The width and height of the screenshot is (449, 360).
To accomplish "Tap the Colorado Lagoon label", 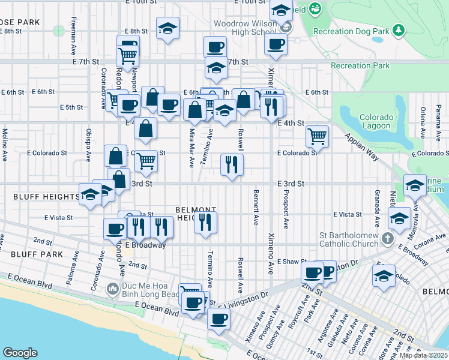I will [376, 121].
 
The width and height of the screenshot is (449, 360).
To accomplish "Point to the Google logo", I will [20, 353].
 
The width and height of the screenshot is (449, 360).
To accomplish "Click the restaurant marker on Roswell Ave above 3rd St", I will [232, 164].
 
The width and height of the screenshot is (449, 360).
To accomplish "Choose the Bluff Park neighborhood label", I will [26, 254].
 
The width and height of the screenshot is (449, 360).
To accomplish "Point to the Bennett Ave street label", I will [256, 208].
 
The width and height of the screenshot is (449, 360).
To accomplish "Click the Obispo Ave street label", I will [88, 145].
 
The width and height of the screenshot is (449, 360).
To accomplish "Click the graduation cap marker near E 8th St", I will [168, 27].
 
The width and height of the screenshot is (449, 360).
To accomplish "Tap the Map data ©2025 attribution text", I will [423, 355].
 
